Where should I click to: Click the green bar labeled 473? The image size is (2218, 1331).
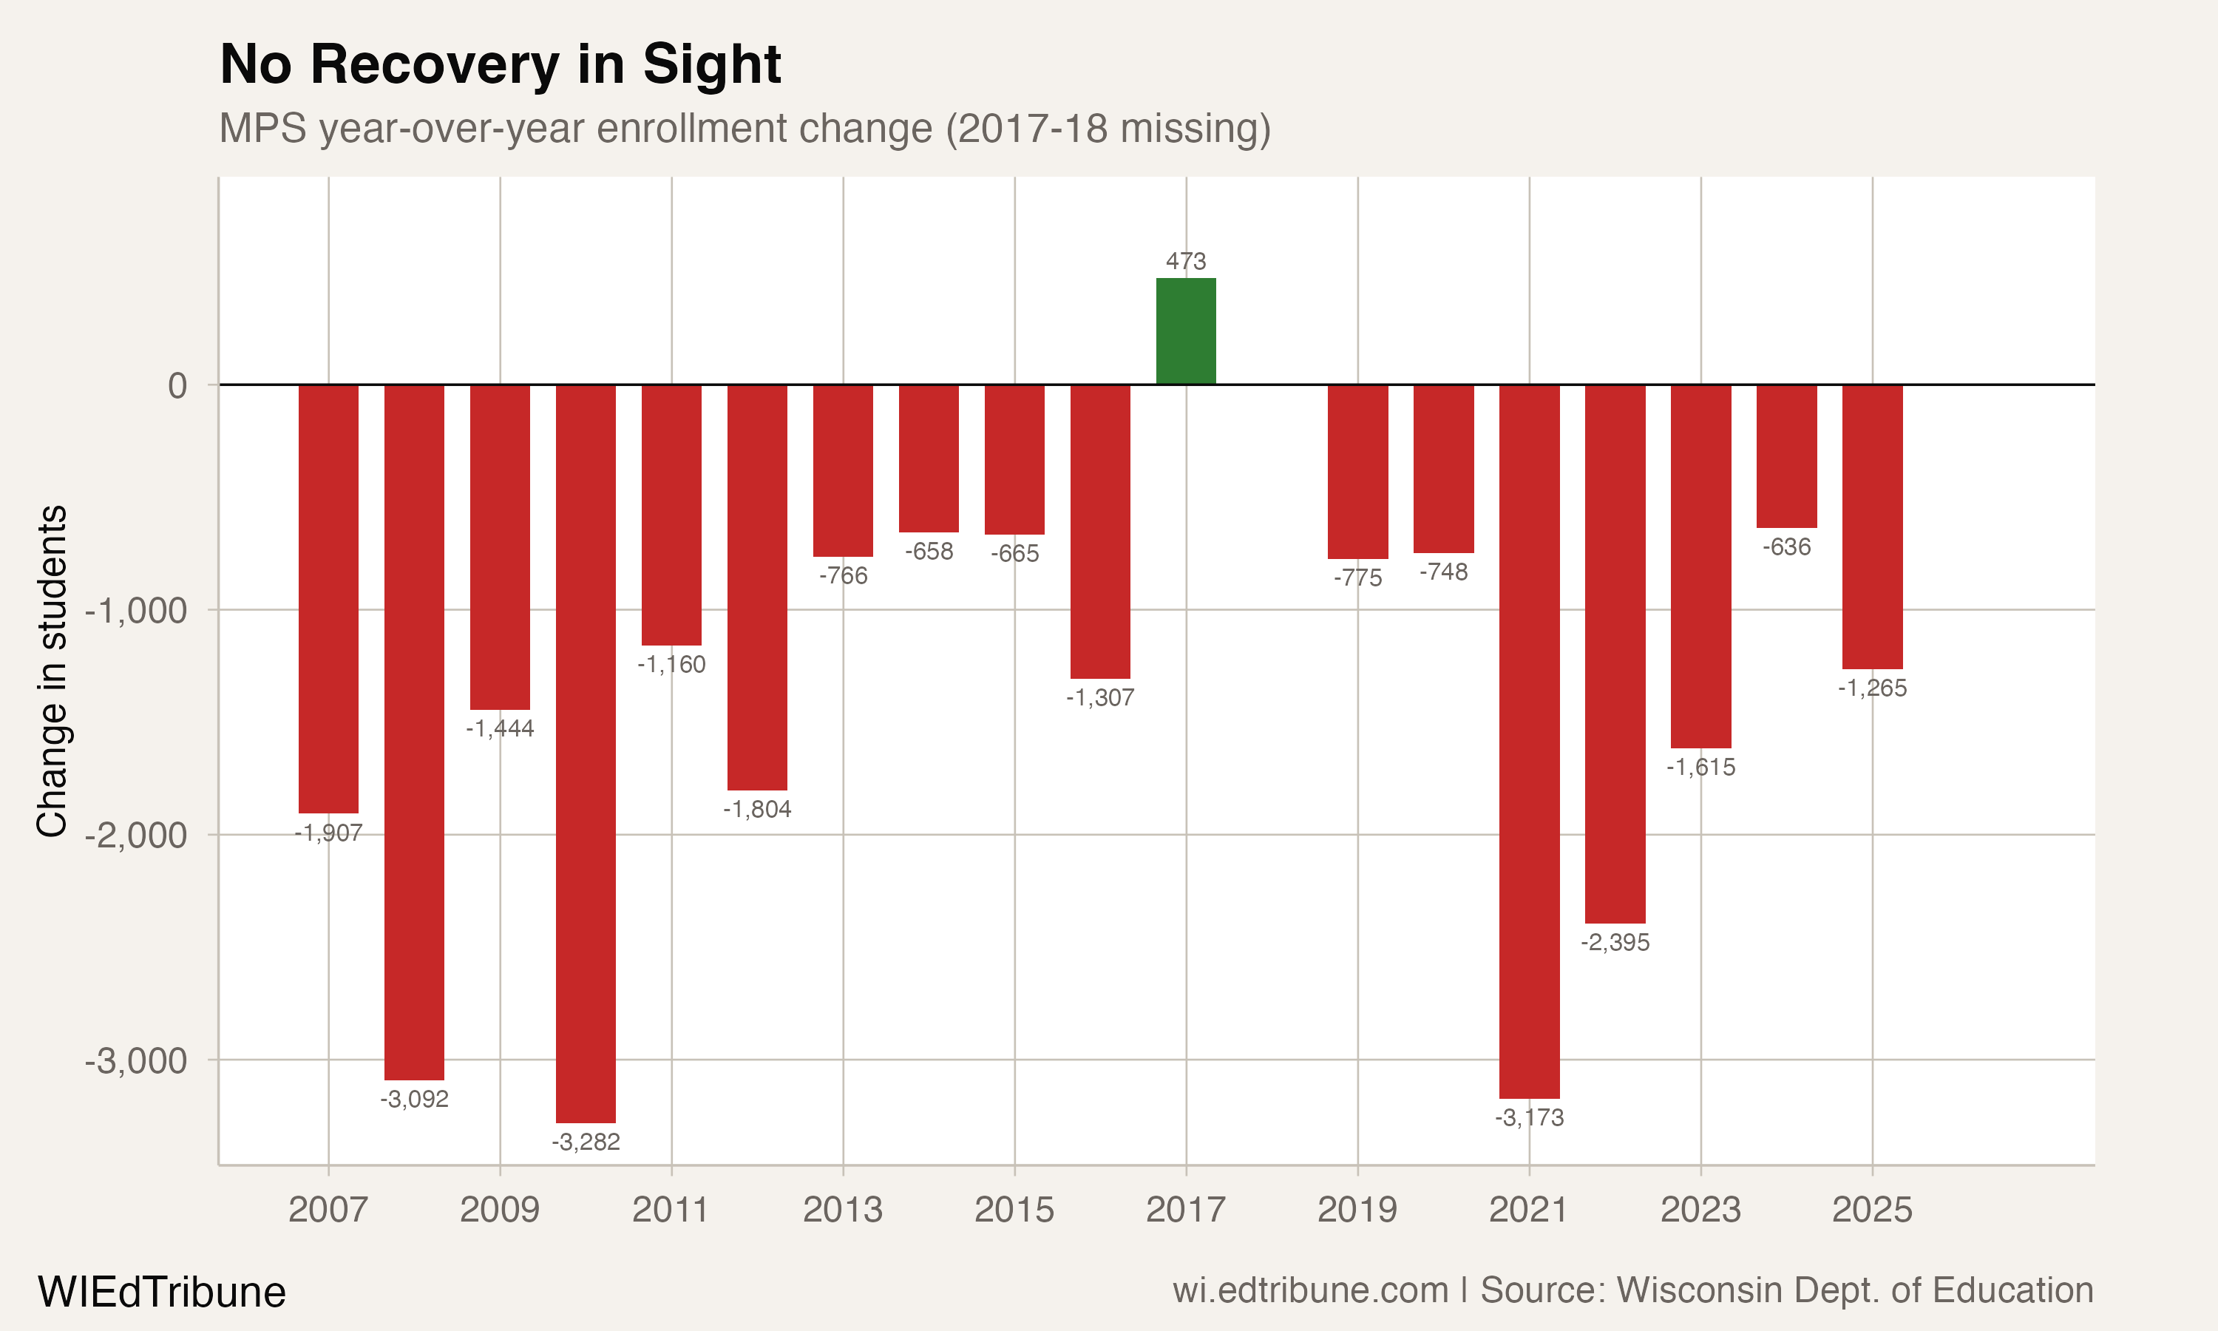(1185, 331)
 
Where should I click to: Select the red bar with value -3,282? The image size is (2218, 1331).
(586, 753)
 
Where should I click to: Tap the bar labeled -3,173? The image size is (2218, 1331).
(1529, 741)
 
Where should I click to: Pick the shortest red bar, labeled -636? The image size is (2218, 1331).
(1786, 456)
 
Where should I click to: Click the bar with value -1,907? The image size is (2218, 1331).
(328, 599)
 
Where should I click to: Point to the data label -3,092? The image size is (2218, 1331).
(414, 1100)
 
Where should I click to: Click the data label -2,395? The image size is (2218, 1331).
(1615, 943)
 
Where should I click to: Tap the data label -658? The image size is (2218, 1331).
(929, 552)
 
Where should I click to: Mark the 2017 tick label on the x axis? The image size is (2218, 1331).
(1185, 1210)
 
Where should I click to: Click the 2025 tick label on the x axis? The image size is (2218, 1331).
(1872, 1210)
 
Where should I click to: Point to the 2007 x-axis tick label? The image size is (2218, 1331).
(328, 1210)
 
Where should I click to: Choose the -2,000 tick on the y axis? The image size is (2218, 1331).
(136, 835)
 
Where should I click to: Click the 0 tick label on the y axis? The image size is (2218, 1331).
(177, 386)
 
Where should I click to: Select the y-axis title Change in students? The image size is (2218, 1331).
(52, 671)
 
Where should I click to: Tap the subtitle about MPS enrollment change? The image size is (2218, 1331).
(744, 128)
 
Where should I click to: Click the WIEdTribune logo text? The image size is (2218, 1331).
(161, 1293)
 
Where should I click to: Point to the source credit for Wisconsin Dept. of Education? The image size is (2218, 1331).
(1632, 1290)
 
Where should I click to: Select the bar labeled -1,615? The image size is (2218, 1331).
(1700, 566)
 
